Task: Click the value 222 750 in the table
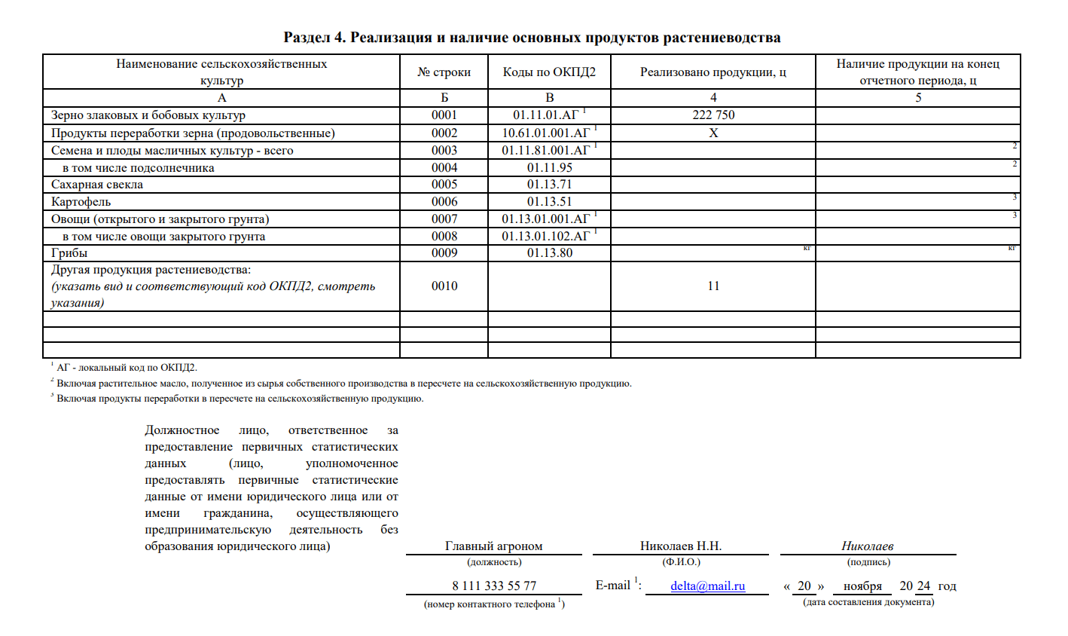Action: (713, 115)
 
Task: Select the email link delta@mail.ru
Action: (707, 586)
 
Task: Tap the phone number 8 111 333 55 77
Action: (494, 586)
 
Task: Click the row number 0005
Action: (444, 185)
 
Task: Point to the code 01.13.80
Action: (549, 253)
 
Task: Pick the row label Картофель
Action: (81, 202)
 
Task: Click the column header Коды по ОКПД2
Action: (549, 72)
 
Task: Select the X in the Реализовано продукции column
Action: (713, 133)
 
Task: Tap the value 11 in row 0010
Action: (713, 286)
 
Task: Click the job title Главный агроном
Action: (494, 546)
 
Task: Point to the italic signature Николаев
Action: (868, 546)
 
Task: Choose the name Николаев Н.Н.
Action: (681, 546)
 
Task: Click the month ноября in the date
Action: (862, 586)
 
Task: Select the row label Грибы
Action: (69, 253)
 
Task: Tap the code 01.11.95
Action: (549, 168)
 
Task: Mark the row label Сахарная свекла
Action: (97, 185)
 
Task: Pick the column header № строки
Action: (444, 72)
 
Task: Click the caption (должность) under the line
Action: (494, 562)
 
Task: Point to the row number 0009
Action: (444, 253)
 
